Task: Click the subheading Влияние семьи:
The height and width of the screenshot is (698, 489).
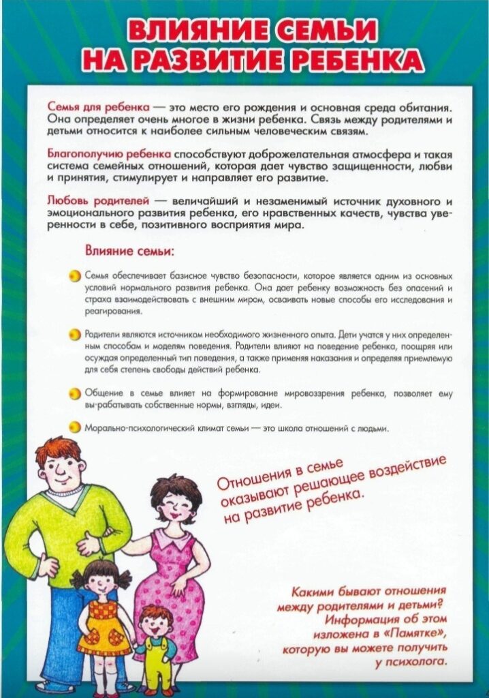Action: click(x=129, y=251)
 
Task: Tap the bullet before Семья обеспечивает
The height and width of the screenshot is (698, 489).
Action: click(x=76, y=276)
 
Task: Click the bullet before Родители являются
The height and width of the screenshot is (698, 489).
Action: click(x=76, y=335)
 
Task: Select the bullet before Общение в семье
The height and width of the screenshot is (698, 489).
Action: click(x=76, y=395)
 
